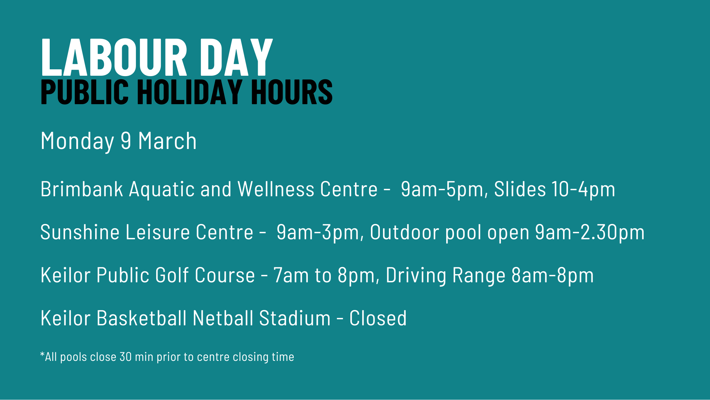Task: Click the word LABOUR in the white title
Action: (x=114, y=57)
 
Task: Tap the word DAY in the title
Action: (x=236, y=57)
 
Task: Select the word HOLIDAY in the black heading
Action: (x=190, y=92)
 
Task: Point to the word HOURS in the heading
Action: (x=292, y=92)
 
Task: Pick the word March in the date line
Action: (x=167, y=141)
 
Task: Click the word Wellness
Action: (x=276, y=189)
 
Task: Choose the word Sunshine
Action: (x=80, y=232)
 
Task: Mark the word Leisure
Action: (x=158, y=232)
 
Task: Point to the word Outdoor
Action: (x=405, y=232)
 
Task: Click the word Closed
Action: (x=378, y=318)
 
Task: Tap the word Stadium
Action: (x=295, y=318)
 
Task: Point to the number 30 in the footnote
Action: (x=126, y=357)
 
